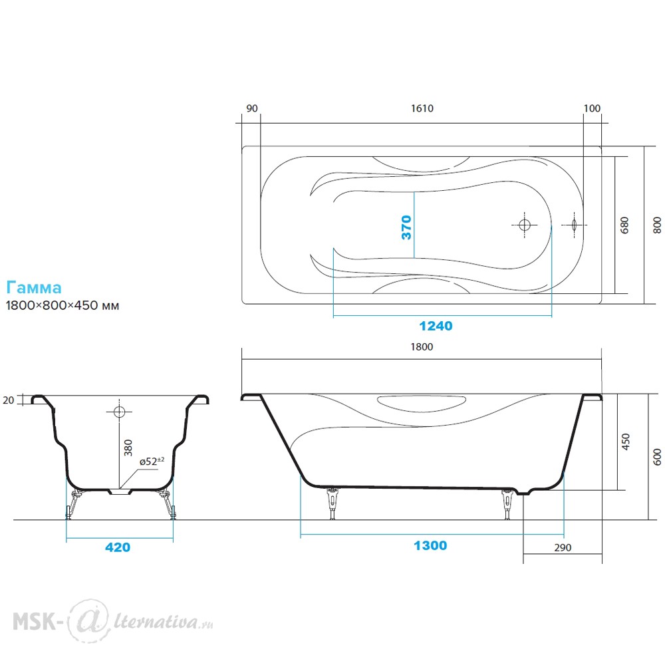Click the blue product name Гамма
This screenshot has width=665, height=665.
click(x=34, y=287)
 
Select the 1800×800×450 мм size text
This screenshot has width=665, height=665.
click(x=63, y=305)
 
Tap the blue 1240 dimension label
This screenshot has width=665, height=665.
click(x=436, y=326)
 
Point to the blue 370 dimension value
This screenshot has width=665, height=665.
click(x=406, y=227)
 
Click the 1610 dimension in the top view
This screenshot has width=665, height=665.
click(x=422, y=108)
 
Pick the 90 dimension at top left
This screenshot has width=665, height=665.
click(x=252, y=108)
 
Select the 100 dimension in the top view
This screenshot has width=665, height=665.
click(x=592, y=108)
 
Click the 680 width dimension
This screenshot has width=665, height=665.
click(x=624, y=225)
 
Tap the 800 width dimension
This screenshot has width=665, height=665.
click(x=657, y=225)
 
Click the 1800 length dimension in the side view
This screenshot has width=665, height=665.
click(x=422, y=347)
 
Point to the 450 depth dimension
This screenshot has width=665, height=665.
click(x=625, y=442)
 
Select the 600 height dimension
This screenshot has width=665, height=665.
click(x=657, y=457)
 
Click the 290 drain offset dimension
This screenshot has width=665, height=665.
click(x=563, y=547)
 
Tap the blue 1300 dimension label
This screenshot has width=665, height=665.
click(x=430, y=545)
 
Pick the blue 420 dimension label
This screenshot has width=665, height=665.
click(x=118, y=547)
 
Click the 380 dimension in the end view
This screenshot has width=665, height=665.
click(x=128, y=448)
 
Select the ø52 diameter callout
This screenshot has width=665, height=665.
click(x=152, y=461)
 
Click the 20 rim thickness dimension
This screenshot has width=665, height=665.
click(x=9, y=400)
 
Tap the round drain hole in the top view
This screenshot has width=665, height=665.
click(x=525, y=225)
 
